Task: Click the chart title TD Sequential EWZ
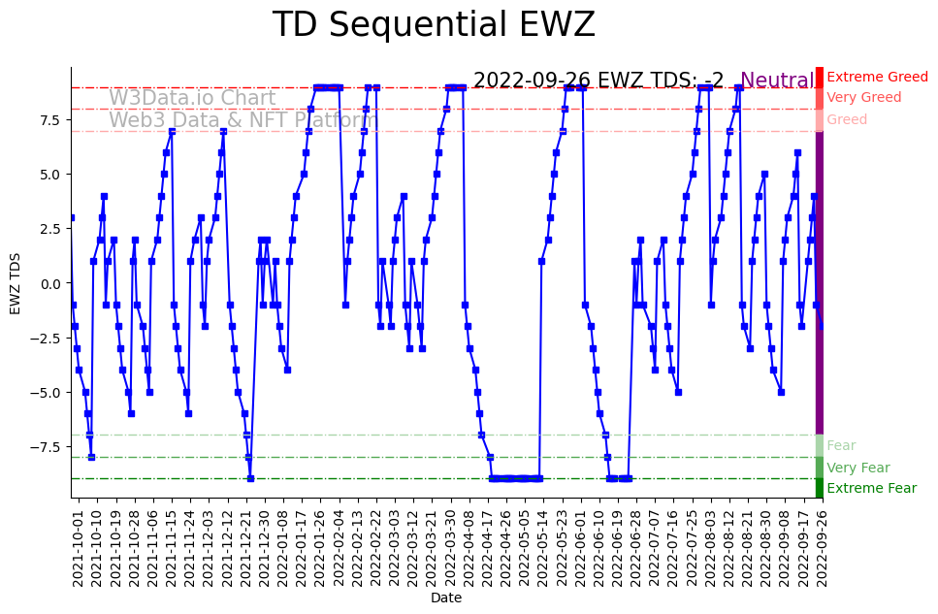click(434, 25)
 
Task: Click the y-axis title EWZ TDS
click(16, 283)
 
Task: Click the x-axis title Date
click(446, 598)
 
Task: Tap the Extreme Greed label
click(877, 77)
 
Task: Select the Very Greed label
click(863, 98)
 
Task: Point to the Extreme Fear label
click(871, 488)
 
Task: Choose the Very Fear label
click(857, 468)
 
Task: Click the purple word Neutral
click(777, 81)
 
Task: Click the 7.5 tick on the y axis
click(51, 120)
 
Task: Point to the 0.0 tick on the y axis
click(51, 283)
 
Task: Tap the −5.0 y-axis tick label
click(48, 393)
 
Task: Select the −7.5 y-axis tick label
click(48, 447)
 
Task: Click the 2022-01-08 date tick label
click(282, 548)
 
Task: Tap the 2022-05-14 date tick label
click(524, 548)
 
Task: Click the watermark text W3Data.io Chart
click(192, 98)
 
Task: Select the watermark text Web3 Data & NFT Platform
click(243, 120)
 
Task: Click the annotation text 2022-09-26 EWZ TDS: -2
click(598, 81)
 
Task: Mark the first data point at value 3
click(72, 218)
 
